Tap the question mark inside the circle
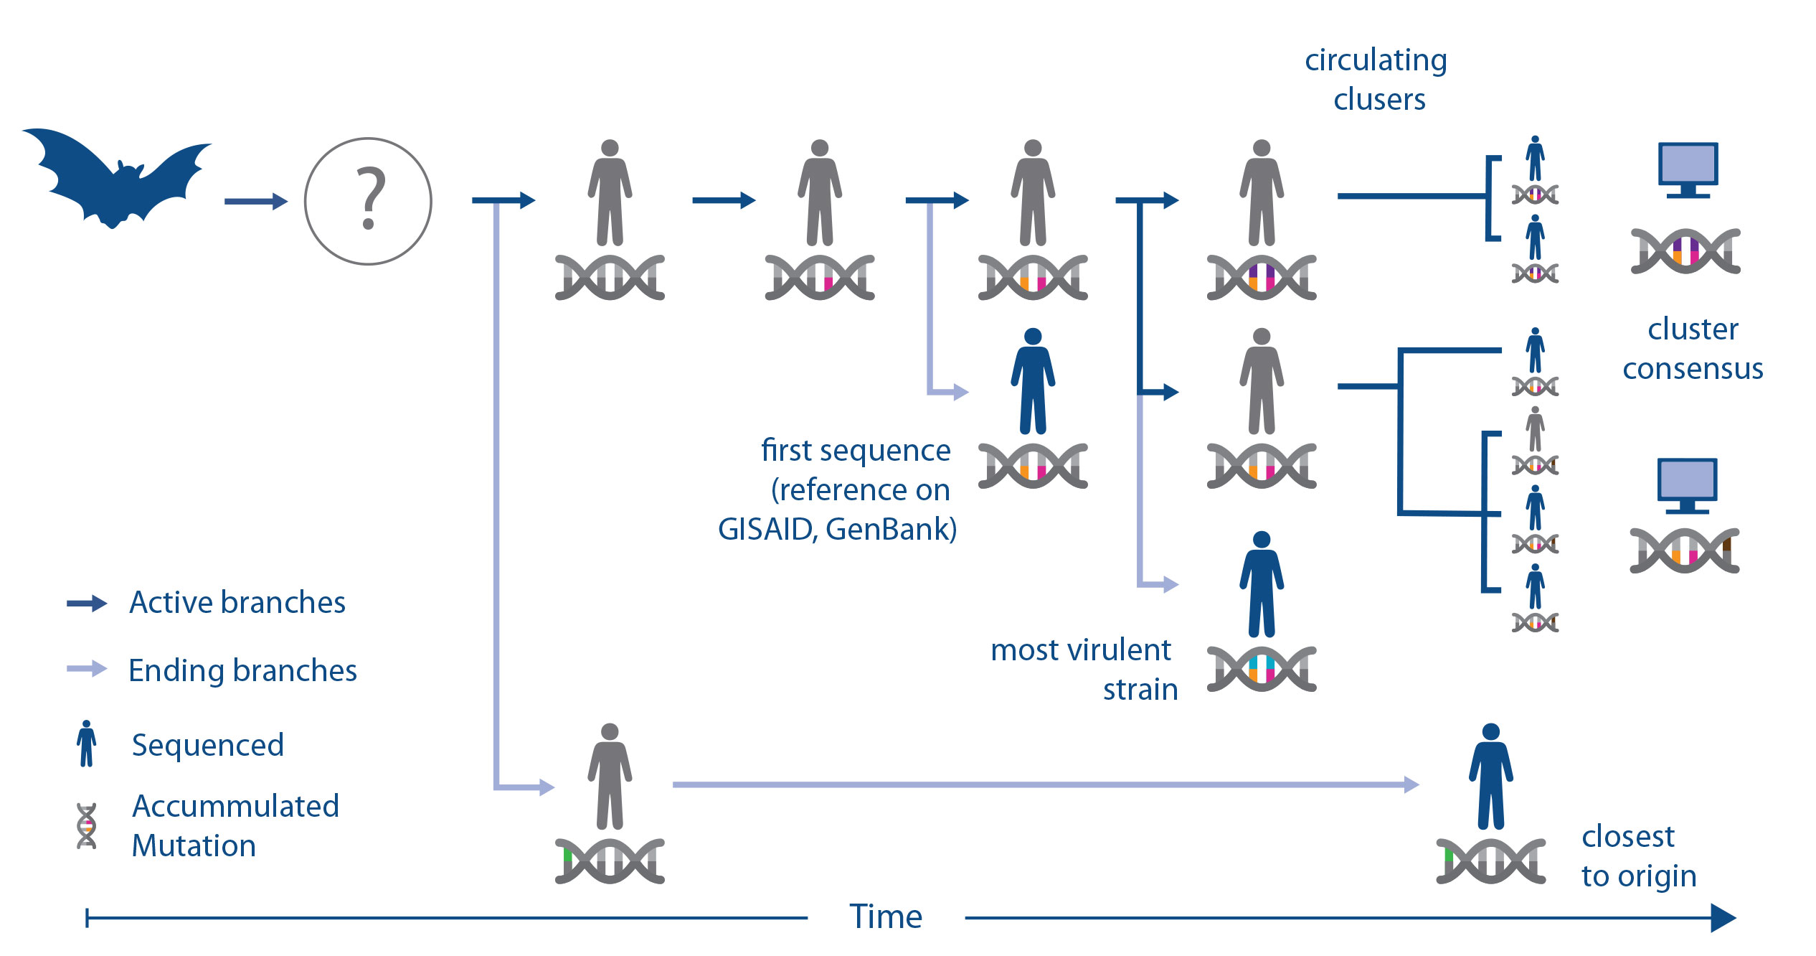(x=370, y=198)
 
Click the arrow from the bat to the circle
(x=256, y=202)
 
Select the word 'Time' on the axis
(x=886, y=917)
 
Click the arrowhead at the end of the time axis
(x=1723, y=918)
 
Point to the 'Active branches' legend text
(x=237, y=602)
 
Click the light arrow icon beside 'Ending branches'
(x=87, y=670)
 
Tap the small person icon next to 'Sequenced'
(x=86, y=744)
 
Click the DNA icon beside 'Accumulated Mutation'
(x=87, y=826)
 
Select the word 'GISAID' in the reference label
(x=766, y=530)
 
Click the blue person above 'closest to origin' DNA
(x=1491, y=777)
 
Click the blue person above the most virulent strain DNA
(x=1262, y=584)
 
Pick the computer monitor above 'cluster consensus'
(x=1688, y=170)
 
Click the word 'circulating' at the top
(x=1376, y=61)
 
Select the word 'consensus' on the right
(x=1693, y=369)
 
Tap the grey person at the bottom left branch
(x=610, y=777)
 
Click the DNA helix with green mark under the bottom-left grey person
(x=610, y=861)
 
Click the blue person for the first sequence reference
(x=1033, y=381)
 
